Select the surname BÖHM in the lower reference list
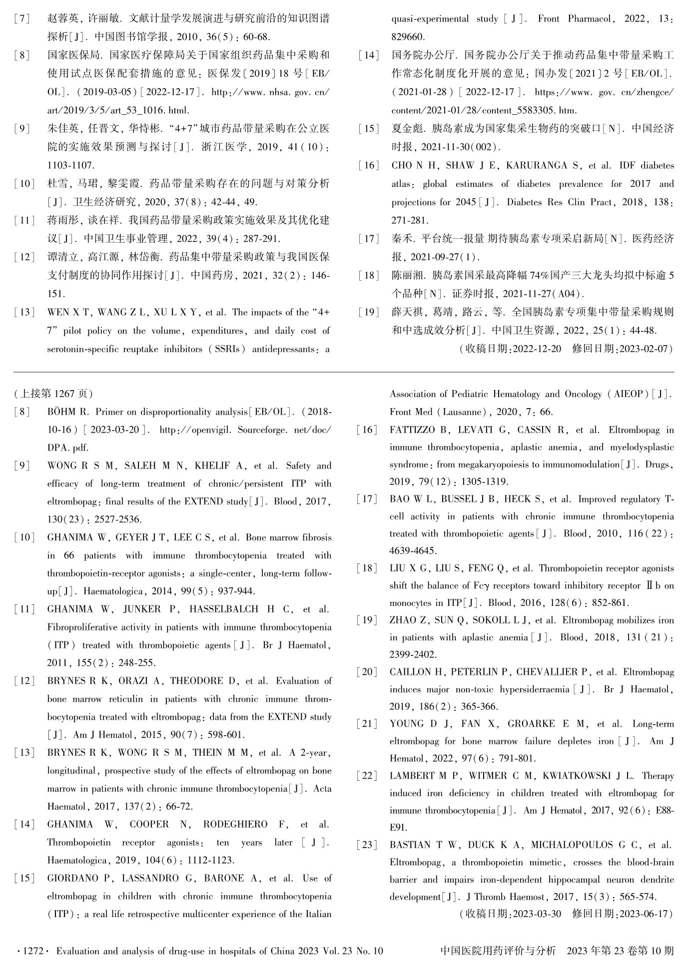(60, 412)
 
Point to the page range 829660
(408, 37)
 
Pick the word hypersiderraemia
(533, 689)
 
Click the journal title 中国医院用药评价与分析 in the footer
(498, 951)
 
